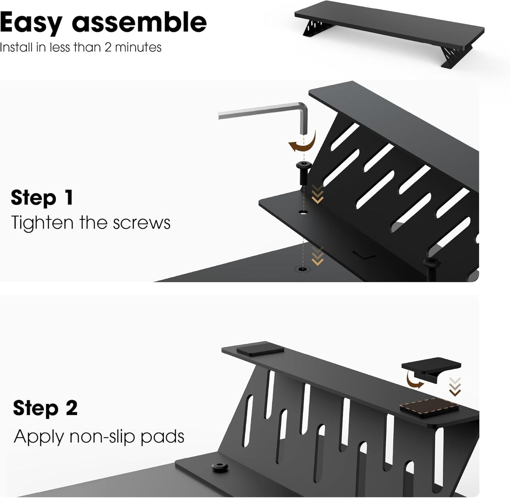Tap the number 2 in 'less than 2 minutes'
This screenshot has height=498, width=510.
[108, 47]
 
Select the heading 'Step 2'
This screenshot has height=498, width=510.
[45, 408]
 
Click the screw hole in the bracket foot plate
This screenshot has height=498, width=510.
[303, 212]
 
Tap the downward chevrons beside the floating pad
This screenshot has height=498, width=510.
[455, 387]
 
